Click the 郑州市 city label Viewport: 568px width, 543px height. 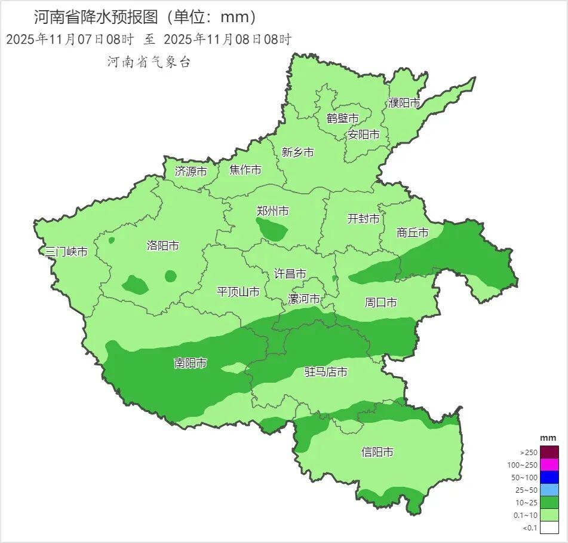(272, 211)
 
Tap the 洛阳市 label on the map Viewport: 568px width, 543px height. (162, 246)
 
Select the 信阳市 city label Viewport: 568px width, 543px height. (377, 452)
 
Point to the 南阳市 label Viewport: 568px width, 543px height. (191, 363)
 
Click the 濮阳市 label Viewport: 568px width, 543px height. (404, 103)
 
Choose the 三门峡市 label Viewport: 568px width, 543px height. (66, 252)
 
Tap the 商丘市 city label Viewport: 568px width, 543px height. (413, 233)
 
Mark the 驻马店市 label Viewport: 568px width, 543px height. (326, 372)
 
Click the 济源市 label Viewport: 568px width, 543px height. (191, 172)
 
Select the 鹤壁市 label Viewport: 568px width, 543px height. (342, 118)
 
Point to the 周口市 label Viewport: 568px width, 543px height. (380, 303)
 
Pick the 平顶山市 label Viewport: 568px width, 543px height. (238, 292)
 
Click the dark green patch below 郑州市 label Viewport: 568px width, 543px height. (272, 229)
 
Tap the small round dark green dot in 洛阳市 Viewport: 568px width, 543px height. (171, 276)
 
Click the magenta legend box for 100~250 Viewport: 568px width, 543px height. (550, 465)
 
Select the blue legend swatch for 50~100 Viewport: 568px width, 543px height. (550, 477)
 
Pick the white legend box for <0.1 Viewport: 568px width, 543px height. (550, 527)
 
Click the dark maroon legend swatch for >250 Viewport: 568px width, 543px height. (550, 452)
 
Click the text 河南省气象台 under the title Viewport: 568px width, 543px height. (149, 62)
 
